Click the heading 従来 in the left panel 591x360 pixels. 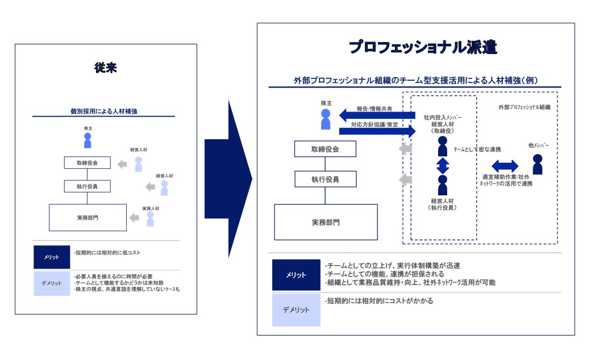click(106, 68)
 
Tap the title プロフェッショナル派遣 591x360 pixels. click(423, 48)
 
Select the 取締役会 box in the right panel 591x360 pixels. click(325, 149)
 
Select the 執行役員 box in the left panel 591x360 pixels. click(87, 186)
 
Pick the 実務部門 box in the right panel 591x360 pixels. click(326, 222)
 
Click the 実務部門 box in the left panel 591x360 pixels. click(88, 217)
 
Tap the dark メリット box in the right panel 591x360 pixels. click(295, 275)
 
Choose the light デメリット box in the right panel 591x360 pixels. click(295, 310)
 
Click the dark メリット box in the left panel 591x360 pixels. click(52, 257)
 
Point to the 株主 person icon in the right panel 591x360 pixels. click(326, 119)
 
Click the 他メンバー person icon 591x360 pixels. click(538, 164)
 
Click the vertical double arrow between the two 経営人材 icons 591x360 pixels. click(442, 166)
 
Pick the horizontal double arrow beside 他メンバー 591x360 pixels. click(505, 166)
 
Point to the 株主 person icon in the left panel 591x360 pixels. click(88, 140)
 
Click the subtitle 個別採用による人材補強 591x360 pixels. click(103, 111)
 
